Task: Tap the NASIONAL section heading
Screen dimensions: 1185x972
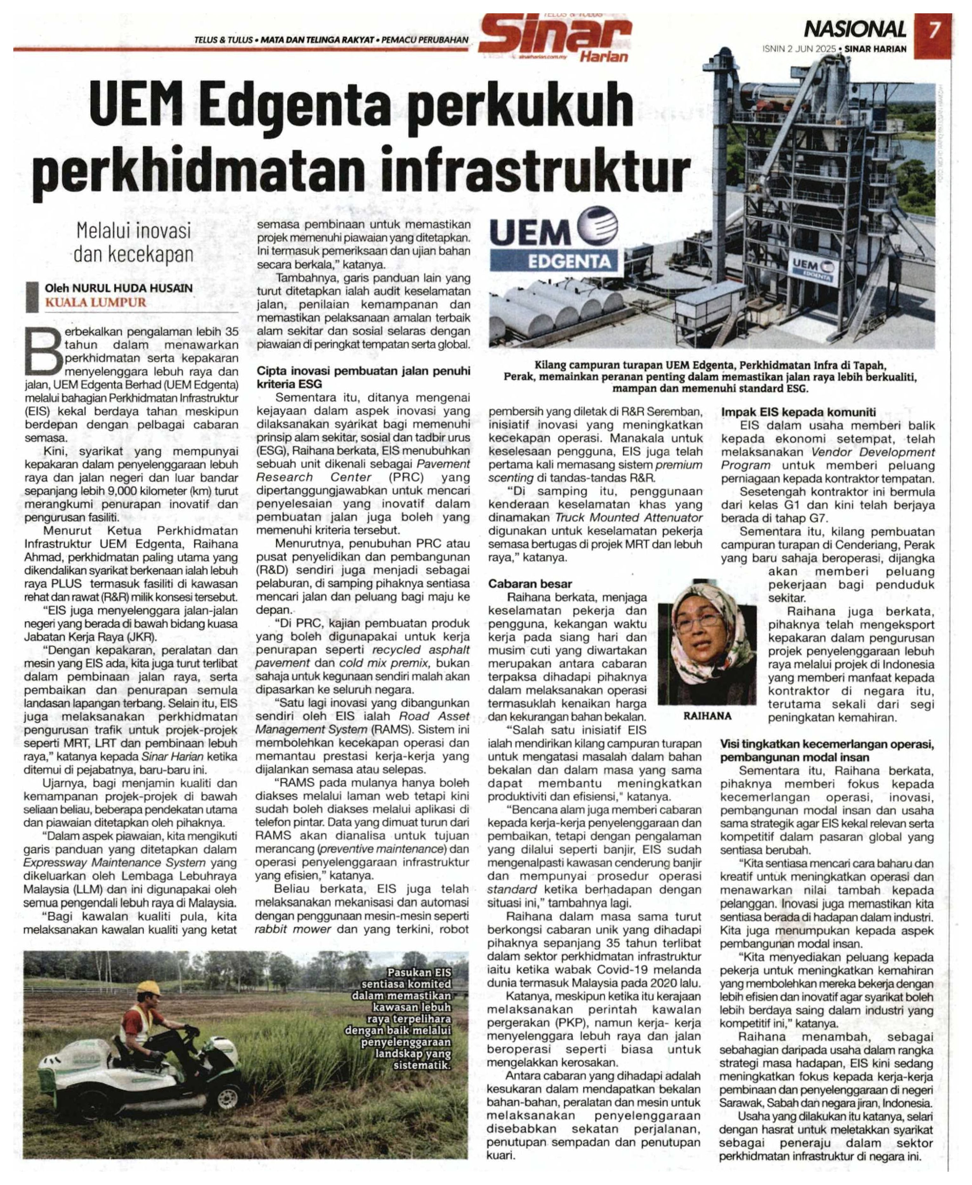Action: [x=855, y=29]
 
